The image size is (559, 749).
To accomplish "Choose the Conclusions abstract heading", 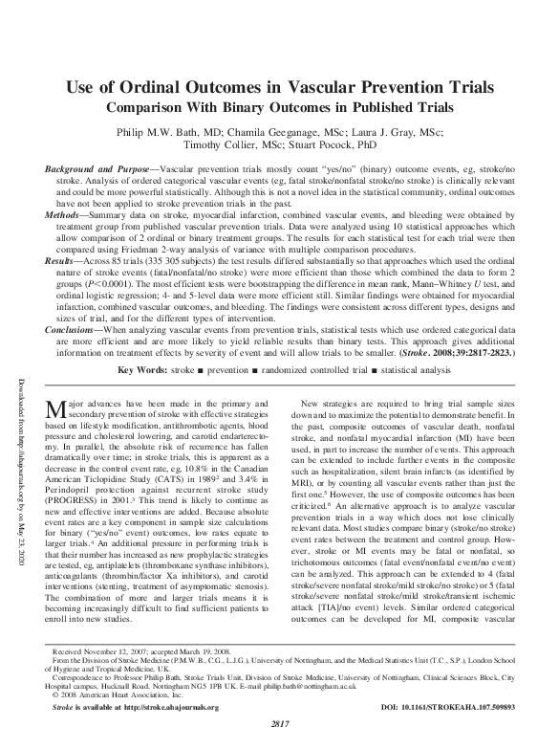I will [76, 329].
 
